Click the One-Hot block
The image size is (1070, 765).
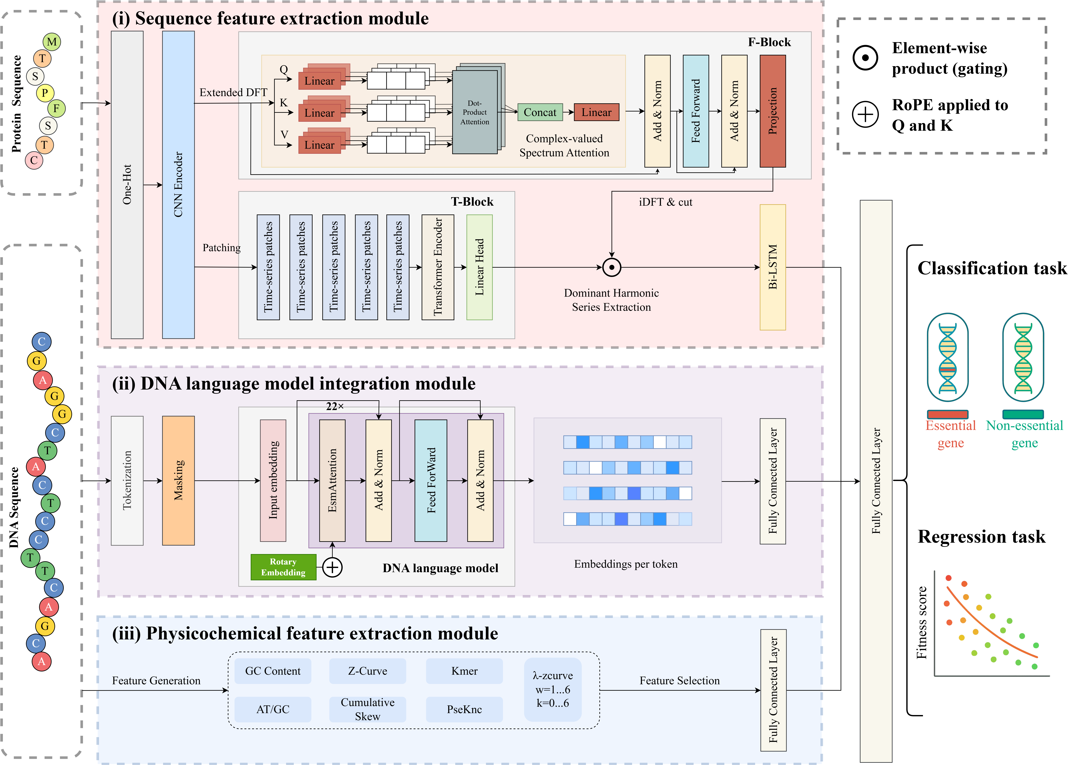point(127,185)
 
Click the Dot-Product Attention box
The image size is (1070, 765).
point(475,112)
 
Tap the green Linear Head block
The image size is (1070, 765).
point(479,267)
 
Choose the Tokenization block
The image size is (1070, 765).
point(127,481)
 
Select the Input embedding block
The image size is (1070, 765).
point(273,481)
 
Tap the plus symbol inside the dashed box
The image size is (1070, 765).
point(865,115)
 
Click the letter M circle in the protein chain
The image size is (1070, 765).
point(52,42)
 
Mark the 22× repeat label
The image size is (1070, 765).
point(335,406)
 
